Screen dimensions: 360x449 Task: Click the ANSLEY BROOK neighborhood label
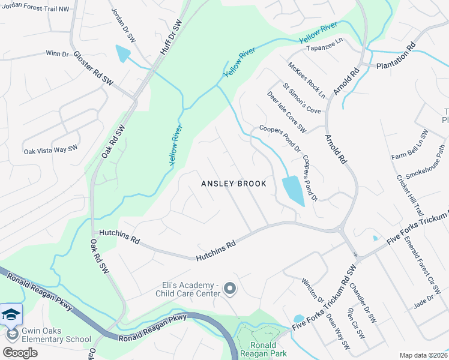233,184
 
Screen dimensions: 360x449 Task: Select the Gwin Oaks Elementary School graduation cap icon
11,314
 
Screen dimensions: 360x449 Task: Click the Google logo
20,352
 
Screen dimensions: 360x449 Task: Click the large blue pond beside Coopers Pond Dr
292,191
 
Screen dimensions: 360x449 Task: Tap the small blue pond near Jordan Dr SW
123,53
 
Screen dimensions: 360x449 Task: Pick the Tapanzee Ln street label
324,48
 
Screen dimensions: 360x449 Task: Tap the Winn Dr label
57,53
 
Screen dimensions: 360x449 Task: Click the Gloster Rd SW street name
93,67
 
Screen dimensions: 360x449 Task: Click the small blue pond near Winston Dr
299,319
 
